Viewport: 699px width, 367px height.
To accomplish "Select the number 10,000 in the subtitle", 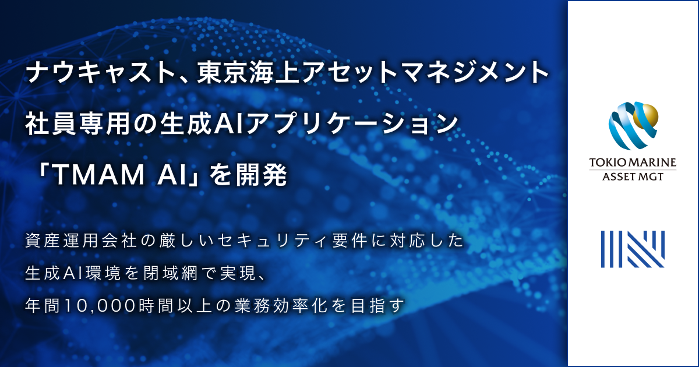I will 97,305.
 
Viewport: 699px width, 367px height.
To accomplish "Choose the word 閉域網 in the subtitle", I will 204,273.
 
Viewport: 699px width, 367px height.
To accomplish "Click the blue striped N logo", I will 633,249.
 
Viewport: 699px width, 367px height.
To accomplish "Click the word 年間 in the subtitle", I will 40,305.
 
